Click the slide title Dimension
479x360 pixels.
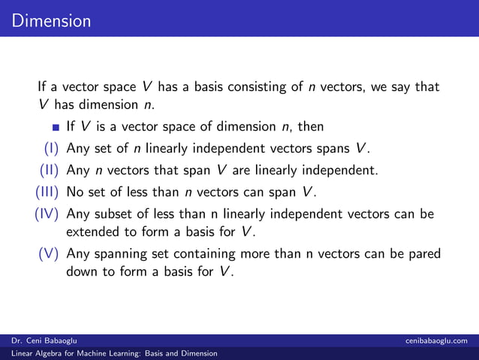[x=51, y=20]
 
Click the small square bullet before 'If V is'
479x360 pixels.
[x=56, y=126]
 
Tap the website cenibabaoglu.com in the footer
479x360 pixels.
[x=440, y=341]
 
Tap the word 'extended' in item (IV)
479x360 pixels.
[x=93, y=231]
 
